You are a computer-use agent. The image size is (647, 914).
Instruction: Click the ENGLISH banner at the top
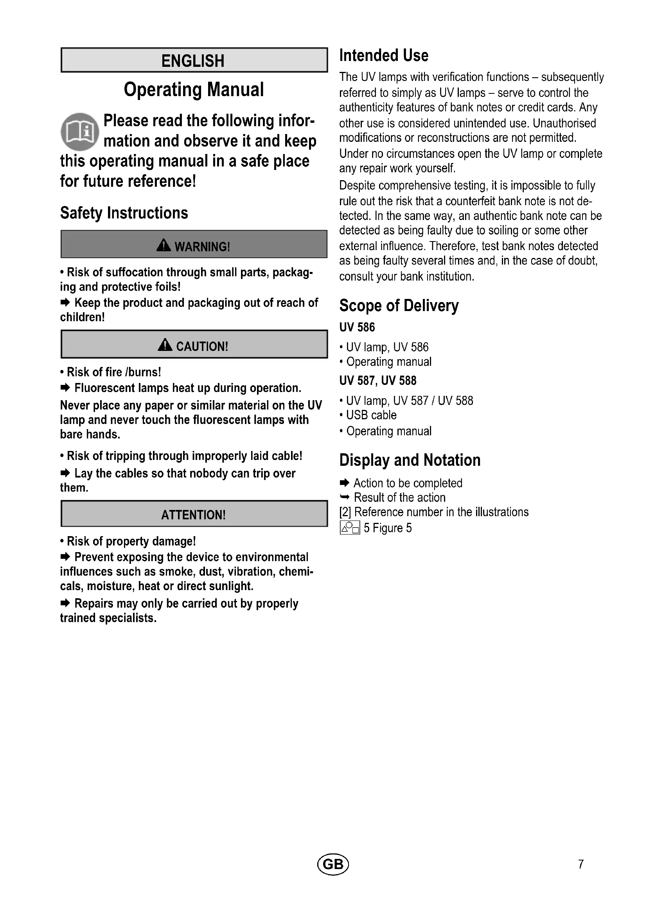pyautogui.click(x=194, y=61)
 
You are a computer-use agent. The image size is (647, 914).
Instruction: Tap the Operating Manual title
pyautogui.click(x=194, y=89)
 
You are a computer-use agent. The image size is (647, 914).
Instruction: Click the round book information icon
pyautogui.click(x=80, y=132)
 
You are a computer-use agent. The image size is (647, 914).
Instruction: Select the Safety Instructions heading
pyautogui.click(x=124, y=213)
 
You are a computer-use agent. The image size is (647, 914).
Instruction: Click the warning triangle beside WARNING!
pyautogui.click(x=164, y=245)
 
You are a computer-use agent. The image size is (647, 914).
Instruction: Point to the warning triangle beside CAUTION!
pyautogui.click(x=165, y=345)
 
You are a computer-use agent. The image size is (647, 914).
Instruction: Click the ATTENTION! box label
pyautogui.click(x=194, y=515)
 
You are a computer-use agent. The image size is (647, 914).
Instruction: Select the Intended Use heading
pyautogui.click(x=384, y=55)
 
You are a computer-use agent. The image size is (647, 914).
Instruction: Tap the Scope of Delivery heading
pyautogui.click(x=399, y=306)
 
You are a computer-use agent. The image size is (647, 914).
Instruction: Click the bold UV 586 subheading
pyautogui.click(x=357, y=327)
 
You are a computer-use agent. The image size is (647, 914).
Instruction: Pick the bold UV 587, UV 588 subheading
pyautogui.click(x=378, y=381)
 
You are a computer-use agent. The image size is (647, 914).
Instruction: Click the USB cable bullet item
pyautogui.click(x=371, y=415)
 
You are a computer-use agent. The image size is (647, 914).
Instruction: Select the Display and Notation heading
pyautogui.click(x=410, y=460)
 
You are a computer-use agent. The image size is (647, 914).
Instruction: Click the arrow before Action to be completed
pyautogui.click(x=344, y=483)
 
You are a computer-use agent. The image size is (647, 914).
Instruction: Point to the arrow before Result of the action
pyautogui.click(x=344, y=497)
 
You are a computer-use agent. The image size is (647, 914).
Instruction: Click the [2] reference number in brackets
pyautogui.click(x=345, y=512)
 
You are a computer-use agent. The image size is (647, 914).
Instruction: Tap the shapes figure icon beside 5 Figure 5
pyautogui.click(x=350, y=528)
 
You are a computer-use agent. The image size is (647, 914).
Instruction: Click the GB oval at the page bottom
pyautogui.click(x=332, y=864)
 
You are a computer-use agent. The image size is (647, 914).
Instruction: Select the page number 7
pyautogui.click(x=581, y=864)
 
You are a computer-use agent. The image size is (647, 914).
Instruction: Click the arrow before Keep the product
pyautogui.click(x=65, y=303)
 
